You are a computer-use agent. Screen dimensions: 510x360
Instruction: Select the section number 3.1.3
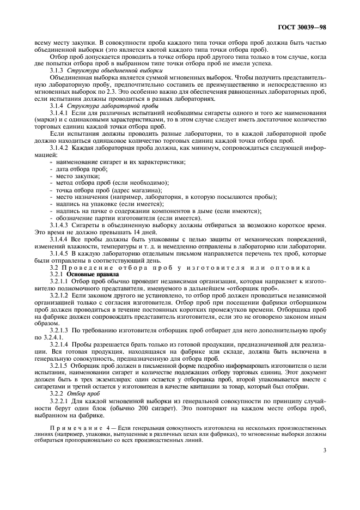point(59,71)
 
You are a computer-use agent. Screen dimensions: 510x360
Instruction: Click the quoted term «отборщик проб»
point(250,289)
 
